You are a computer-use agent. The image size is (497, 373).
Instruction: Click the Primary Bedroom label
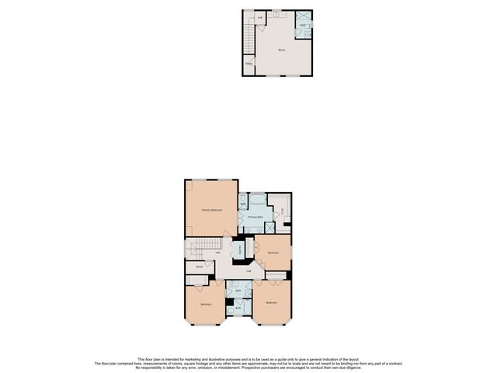pos(211,211)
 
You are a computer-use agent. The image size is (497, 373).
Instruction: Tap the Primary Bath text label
pos(256,217)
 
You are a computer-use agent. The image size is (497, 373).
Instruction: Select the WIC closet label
pos(283,211)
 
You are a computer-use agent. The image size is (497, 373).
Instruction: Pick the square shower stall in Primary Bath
pos(269,227)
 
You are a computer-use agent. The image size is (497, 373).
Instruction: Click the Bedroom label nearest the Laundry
pos(273,253)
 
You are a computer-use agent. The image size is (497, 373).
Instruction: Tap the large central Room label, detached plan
pos(281,50)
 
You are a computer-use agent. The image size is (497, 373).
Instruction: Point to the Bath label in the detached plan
pos(302,26)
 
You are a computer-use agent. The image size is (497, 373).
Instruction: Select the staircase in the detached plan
pos(249,35)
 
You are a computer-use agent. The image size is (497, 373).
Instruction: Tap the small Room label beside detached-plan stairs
pos(248,64)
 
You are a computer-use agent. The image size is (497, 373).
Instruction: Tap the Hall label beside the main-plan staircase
pos(218,252)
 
